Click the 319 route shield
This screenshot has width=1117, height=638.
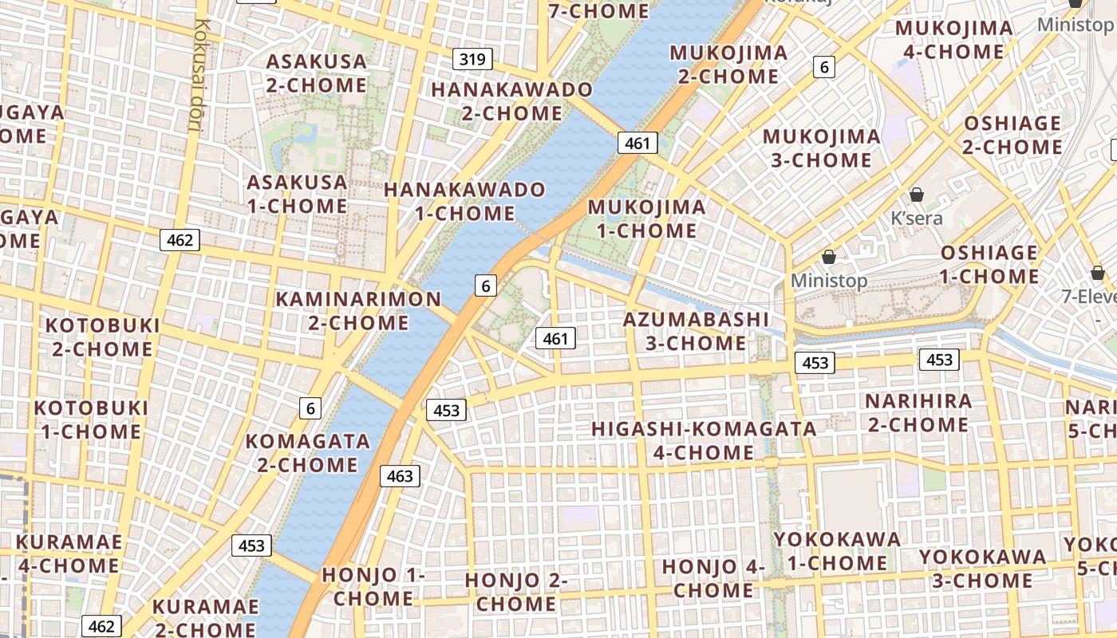[472, 59]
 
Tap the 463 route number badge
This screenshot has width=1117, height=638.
[400, 476]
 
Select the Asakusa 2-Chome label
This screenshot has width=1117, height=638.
[316, 73]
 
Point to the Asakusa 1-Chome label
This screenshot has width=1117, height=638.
[297, 194]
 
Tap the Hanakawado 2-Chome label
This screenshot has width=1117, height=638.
[511, 101]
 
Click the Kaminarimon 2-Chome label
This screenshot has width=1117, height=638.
[358, 311]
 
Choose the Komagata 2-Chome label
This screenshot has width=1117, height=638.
[307, 452]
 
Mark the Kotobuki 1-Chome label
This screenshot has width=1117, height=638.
[91, 419]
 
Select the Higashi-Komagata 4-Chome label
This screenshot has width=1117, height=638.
[704, 440]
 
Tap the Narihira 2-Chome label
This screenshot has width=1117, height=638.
[918, 412]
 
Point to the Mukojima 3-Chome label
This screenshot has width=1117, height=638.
[821, 148]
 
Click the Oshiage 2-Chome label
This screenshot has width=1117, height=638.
[1012, 135]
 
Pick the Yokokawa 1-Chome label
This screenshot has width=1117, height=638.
[837, 551]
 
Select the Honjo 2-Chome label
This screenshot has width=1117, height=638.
[515, 592]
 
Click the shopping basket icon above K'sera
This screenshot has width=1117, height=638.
[917, 195]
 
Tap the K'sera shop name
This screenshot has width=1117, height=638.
[917, 218]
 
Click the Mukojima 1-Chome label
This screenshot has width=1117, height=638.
[646, 219]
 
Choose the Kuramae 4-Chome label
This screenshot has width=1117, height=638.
[69, 554]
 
